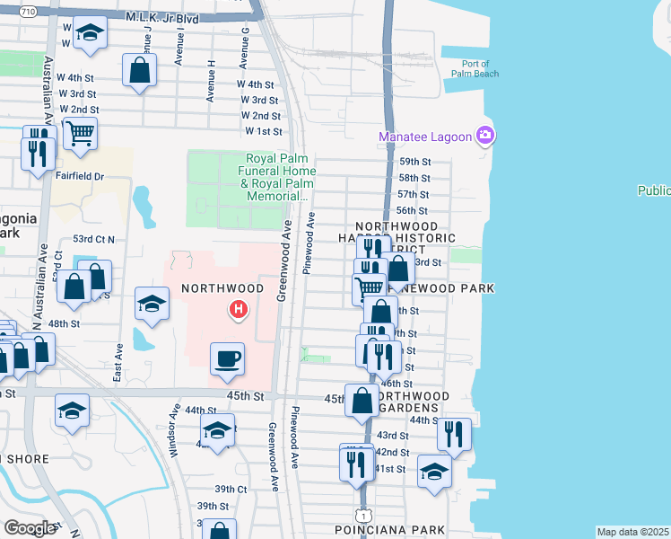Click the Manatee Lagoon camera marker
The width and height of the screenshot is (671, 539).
(486, 136)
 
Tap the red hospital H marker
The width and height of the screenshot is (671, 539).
(239, 311)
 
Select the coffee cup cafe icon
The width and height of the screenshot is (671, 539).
(226, 359)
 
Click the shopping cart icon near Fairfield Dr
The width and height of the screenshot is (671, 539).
(81, 135)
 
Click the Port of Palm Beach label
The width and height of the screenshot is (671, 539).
(475, 68)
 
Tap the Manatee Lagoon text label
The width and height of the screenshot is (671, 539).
(425, 137)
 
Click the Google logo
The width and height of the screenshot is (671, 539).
(30, 528)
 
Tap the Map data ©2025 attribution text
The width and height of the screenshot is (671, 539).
(633, 531)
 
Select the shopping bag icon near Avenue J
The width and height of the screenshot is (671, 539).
(139, 71)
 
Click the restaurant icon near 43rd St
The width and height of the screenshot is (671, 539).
(454, 435)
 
